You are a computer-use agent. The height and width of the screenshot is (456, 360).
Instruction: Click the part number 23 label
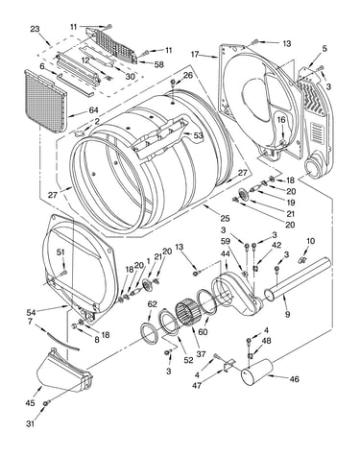(35, 29)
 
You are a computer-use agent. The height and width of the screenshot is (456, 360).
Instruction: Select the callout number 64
(93, 110)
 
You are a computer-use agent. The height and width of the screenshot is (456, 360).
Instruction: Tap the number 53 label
(198, 135)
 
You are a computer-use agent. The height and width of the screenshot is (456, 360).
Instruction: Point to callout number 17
(195, 55)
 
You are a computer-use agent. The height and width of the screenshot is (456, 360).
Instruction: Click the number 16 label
(281, 120)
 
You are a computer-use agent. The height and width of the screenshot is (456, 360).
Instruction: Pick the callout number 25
(225, 218)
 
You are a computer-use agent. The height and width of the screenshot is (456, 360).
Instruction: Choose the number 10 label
(310, 241)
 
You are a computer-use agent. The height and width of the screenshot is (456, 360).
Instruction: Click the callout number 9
(287, 315)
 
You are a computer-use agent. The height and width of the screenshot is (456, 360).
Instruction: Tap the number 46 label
(294, 379)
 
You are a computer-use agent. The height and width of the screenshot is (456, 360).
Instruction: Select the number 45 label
(30, 403)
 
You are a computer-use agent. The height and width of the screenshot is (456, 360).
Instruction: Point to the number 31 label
(30, 424)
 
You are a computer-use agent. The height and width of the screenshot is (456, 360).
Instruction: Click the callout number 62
(153, 304)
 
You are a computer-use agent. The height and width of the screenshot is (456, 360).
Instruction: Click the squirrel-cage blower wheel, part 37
(187, 312)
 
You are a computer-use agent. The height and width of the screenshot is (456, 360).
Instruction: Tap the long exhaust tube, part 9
(298, 278)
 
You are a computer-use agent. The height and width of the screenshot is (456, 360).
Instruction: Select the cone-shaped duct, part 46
(256, 372)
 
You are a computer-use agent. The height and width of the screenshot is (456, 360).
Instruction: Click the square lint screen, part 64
(45, 102)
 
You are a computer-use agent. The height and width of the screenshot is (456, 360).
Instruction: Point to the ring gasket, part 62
(149, 333)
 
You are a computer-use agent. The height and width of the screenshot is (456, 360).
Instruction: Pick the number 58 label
(159, 64)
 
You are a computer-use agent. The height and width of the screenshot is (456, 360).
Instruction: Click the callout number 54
(32, 311)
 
